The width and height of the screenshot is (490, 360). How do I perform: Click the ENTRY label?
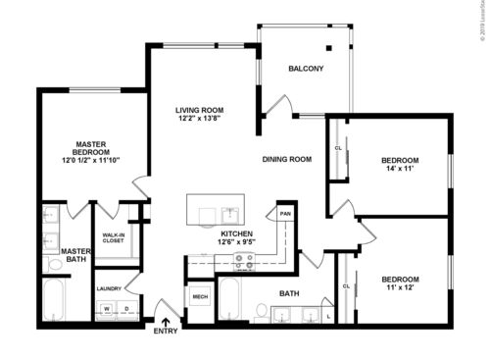(167, 332)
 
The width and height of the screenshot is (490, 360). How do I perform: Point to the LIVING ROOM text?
(201, 110)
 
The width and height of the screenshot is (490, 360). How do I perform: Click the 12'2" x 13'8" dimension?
(201, 119)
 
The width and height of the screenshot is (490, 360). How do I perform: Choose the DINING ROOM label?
(286, 159)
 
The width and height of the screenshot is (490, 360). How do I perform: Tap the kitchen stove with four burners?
(242, 260)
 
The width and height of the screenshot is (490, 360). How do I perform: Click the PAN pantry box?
(285, 214)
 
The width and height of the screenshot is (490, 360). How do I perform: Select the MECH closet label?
(200, 296)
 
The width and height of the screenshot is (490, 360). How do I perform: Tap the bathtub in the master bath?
(53, 299)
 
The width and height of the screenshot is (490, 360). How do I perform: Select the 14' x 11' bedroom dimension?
(400, 170)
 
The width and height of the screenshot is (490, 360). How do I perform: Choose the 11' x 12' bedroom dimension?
(400, 288)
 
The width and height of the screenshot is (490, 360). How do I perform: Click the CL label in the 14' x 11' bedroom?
(338, 148)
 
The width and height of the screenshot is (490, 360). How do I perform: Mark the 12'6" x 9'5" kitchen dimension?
(236, 243)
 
